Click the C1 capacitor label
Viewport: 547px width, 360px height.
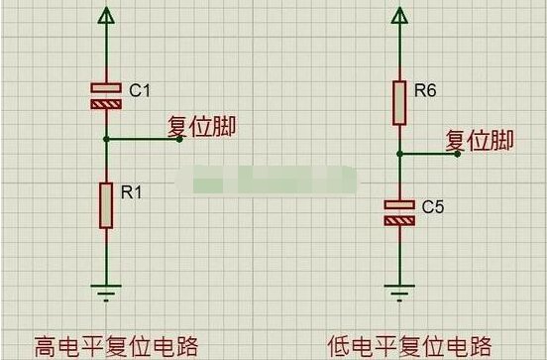click(140, 90)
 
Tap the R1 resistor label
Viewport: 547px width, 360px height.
click(132, 192)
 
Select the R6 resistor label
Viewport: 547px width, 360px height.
click(425, 90)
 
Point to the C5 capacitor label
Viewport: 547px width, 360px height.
click(433, 206)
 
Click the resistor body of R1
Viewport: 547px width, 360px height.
click(106, 205)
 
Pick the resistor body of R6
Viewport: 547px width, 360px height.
click(399, 103)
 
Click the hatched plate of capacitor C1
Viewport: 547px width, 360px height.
click(106, 104)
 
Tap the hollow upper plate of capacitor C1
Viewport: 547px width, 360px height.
click(106, 87)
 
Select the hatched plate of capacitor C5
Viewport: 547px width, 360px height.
click(399, 221)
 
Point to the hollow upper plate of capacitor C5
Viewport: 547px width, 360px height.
click(399, 204)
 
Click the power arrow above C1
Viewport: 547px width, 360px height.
click(106, 15)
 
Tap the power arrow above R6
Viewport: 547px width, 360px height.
click(399, 15)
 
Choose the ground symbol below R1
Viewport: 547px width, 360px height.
click(106, 293)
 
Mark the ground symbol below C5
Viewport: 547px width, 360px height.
click(399, 293)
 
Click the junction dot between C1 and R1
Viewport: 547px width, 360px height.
click(106, 139)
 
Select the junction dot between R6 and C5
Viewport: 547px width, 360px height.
click(399, 154)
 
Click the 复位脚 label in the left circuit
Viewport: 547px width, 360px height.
click(201, 126)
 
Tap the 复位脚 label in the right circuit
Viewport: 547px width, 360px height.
click(480, 141)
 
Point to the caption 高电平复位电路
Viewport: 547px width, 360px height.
click(117, 346)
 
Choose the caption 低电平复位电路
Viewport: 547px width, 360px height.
click(409, 346)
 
